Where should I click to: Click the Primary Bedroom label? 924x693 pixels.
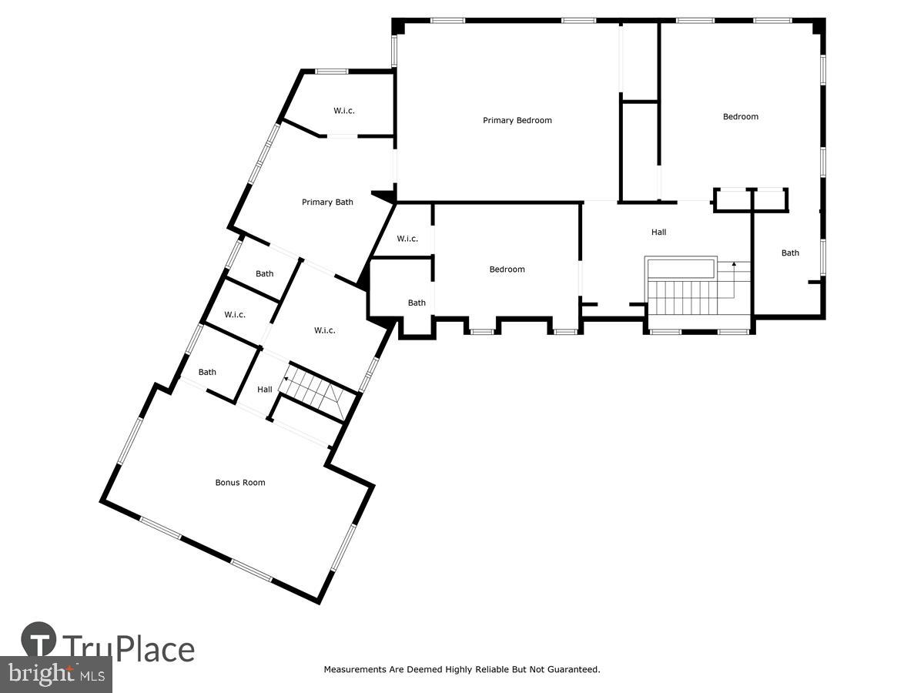coord(517,120)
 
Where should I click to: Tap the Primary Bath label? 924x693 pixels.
coord(327,203)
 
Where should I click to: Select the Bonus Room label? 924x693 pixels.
coord(239,483)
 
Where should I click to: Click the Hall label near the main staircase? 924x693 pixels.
coord(658,232)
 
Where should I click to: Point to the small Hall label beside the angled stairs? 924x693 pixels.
coord(264,390)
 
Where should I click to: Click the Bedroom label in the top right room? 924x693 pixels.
coord(740,117)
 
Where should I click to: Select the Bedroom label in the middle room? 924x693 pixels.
coord(507,269)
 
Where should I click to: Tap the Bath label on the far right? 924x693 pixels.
coord(790,253)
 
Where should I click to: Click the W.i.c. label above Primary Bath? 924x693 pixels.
coord(343,111)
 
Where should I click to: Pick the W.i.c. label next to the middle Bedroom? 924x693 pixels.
coord(407,239)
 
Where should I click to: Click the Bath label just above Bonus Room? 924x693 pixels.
coord(207,373)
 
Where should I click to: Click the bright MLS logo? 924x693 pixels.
coord(55,675)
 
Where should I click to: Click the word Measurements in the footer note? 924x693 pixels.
coord(355,670)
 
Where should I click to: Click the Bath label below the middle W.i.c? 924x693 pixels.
coord(417,303)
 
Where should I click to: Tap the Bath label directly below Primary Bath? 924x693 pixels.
coord(264,274)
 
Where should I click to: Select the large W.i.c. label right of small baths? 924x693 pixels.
coord(324,330)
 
